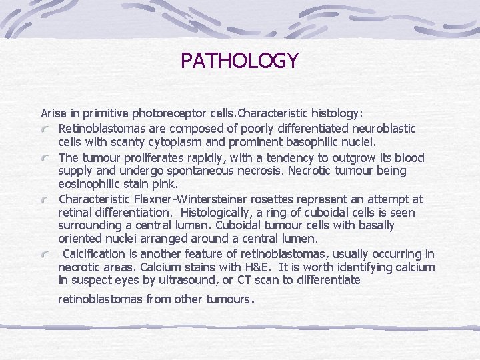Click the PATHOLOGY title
239,61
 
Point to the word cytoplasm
169,141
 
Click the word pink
166,183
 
